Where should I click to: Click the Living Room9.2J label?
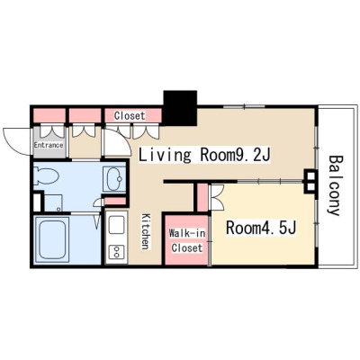pos(204,156)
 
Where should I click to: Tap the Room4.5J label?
pos(261,228)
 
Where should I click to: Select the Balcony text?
pos(335,185)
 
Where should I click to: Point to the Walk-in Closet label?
pos(187,240)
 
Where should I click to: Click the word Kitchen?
pos(146,231)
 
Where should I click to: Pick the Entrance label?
pos(49,145)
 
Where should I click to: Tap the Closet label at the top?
pos(130,115)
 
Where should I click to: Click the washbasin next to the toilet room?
pos(114,179)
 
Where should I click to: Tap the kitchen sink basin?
pos(116,225)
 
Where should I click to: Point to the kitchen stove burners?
pos(116,251)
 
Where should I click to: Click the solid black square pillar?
pos(180,108)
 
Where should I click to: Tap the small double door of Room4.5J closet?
pos(217,197)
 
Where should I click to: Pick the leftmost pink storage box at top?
pos(49,116)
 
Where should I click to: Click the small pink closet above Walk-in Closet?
pos(202,198)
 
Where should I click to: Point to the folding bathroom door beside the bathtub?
pos(96,222)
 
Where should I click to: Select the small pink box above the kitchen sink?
pos(115,202)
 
